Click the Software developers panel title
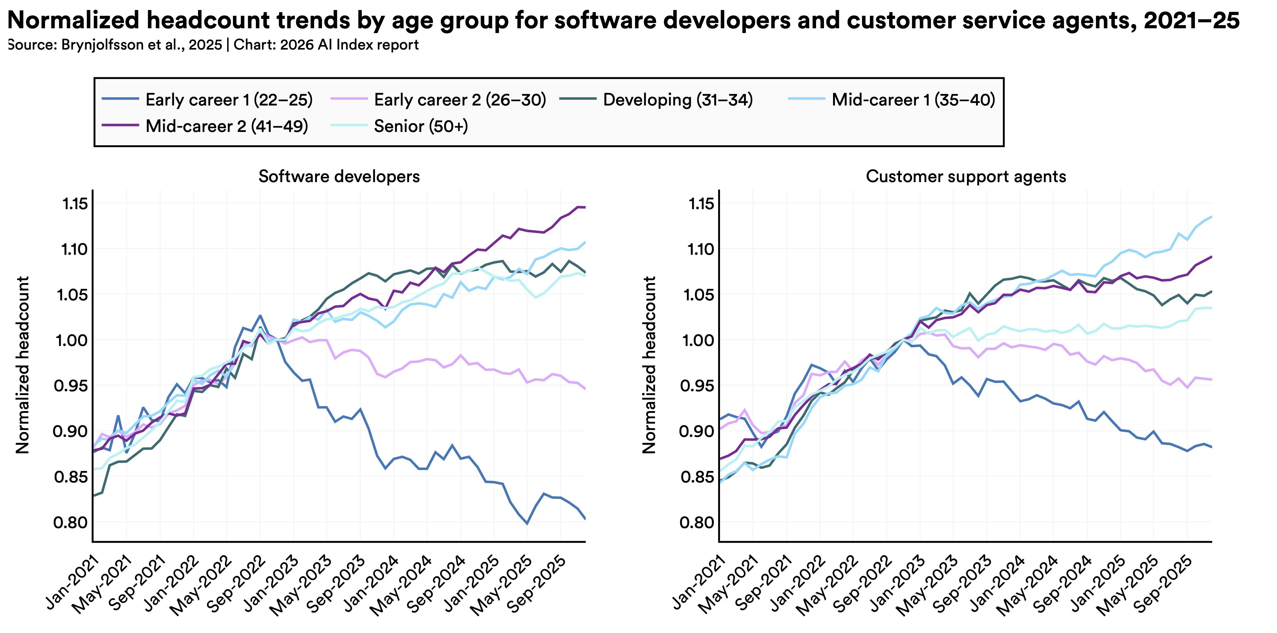[x=339, y=176]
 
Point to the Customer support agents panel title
[x=966, y=176]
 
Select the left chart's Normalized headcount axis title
[x=23, y=365]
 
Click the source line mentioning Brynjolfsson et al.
[x=213, y=45]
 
